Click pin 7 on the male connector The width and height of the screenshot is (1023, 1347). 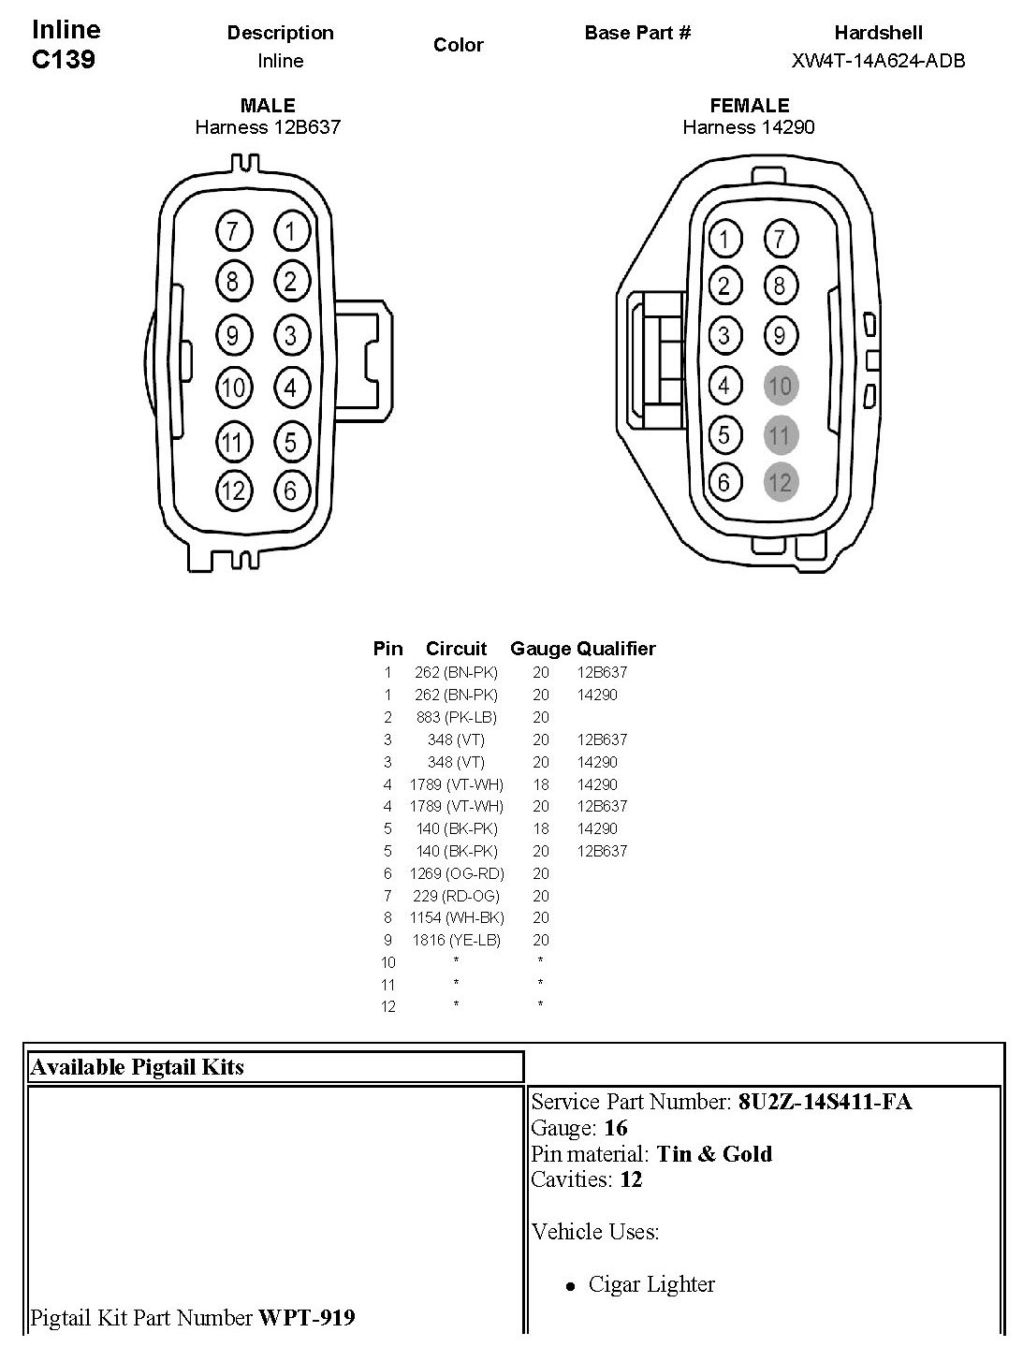pos(233,231)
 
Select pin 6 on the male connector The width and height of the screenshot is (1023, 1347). pos(291,490)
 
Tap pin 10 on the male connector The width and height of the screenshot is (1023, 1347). pos(233,387)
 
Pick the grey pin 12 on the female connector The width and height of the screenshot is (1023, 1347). pos(780,483)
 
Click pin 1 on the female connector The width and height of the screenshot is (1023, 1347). pos(723,240)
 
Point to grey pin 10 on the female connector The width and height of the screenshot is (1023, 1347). pos(780,385)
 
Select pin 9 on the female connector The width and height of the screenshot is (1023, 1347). pos(780,335)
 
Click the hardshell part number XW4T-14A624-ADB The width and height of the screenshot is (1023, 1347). pos(878,61)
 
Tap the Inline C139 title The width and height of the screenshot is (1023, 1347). pos(66,44)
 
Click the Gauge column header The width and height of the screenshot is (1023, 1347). pos(540,648)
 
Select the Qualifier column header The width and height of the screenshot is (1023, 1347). pos(616,648)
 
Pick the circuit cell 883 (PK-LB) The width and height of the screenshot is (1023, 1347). pos(456,717)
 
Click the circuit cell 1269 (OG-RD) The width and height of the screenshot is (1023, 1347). pos(456,873)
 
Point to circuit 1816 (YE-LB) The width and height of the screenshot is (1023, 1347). pos(456,940)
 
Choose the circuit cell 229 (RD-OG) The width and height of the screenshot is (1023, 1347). pos(456,896)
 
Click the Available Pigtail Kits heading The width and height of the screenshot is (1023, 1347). pos(138,1067)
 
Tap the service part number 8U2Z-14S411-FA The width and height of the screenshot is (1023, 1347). pos(825,1102)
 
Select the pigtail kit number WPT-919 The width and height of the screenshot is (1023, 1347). pos(307,1318)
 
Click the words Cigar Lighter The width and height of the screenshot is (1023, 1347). pos(651,1284)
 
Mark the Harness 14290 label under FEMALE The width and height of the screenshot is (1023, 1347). pos(748,127)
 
